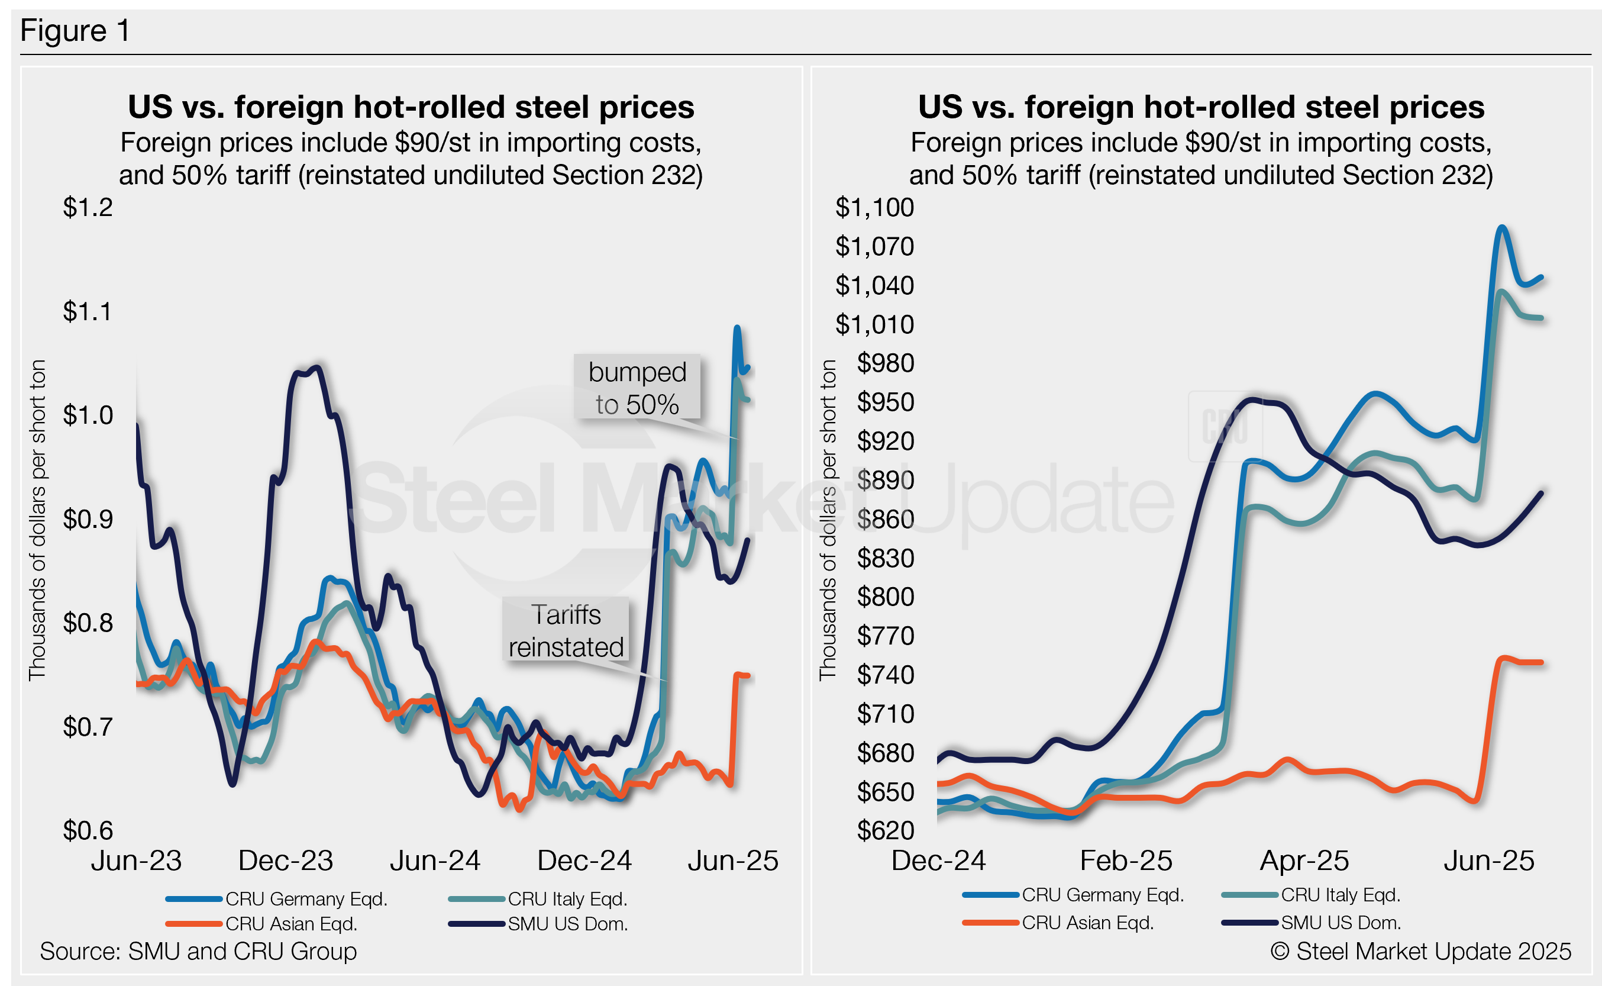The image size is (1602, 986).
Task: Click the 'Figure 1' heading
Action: tap(75, 31)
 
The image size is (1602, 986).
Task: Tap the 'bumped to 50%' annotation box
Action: tap(637, 387)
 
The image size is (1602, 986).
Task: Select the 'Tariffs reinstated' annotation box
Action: tap(566, 630)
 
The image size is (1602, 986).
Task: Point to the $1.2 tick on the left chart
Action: tap(88, 207)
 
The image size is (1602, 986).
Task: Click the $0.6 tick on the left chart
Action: tap(88, 830)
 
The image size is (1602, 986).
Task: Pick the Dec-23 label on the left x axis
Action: tap(286, 861)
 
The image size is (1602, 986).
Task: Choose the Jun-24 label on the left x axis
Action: tap(435, 861)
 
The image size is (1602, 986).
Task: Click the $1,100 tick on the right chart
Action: tap(874, 207)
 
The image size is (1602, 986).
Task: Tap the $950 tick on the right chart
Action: tap(885, 402)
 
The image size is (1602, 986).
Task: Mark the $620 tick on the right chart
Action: tap(885, 830)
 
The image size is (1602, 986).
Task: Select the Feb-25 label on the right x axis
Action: tap(1126, 861)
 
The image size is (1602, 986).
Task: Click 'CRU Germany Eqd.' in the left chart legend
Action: tap(306, 899)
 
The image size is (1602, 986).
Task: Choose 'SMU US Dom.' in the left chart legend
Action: tap(568, 924)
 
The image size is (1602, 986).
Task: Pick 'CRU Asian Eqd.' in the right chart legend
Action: tap(1087, 923)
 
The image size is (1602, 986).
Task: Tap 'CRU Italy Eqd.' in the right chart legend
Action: tap(1340, 895)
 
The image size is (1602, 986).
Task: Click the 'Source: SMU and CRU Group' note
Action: tap(198, 952)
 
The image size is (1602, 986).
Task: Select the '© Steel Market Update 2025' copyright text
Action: tap(1420, 952)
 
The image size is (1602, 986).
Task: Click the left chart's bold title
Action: tap(411, 107)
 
